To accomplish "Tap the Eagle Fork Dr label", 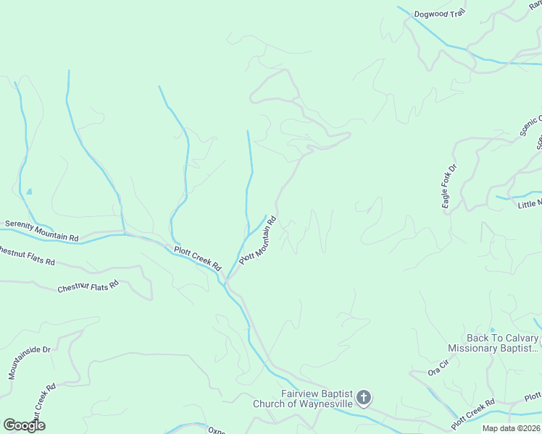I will tap(450, 188).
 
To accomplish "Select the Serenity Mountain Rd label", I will tap(41, 231).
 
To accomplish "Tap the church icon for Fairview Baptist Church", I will tap(364, 397).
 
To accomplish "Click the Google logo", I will tap(24, 425).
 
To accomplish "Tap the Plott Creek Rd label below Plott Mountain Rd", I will tap(197, 258).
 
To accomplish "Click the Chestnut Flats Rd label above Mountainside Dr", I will tap(88, 287).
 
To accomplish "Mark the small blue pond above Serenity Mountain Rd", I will tap(29, 192).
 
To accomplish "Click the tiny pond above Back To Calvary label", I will tap(492, 329).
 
